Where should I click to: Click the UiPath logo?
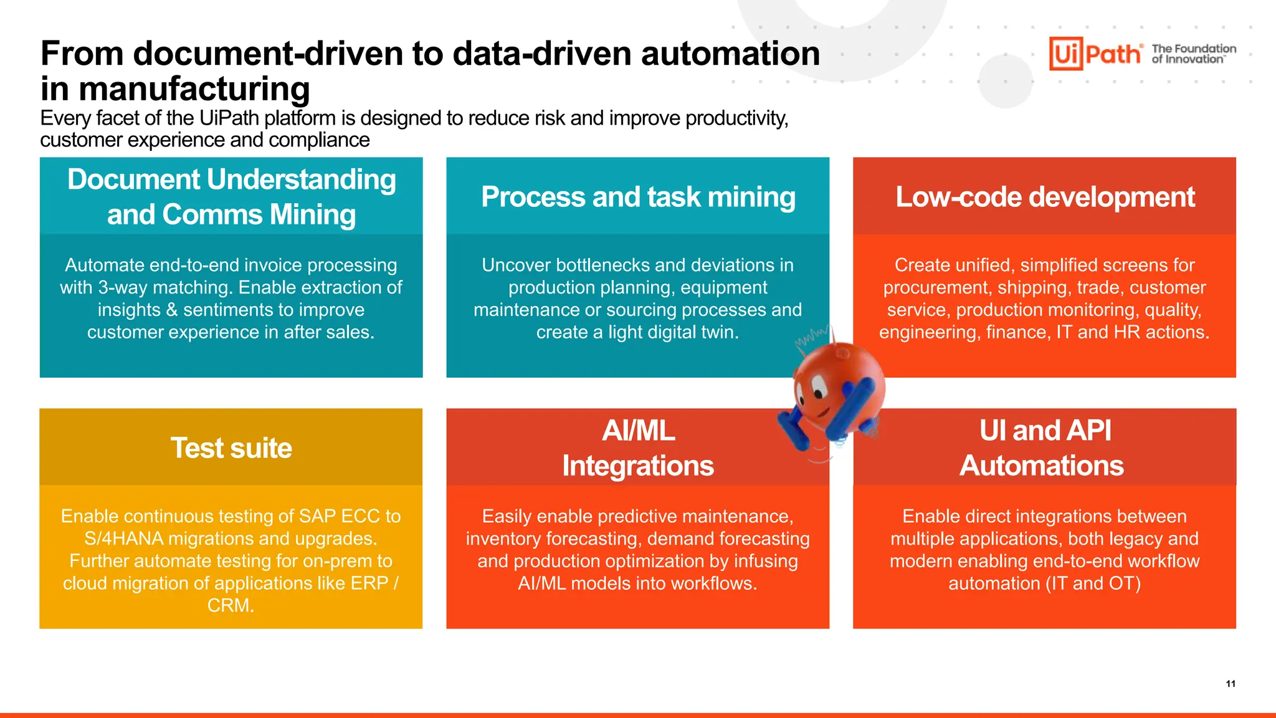point(1095,54)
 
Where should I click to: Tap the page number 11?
point(1231,684)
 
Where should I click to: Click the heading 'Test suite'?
point(231,448)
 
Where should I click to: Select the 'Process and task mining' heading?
point(638,197)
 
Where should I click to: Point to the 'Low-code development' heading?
point(1045,197)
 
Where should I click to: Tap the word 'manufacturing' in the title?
point(194,89)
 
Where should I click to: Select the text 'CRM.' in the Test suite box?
point(231,605)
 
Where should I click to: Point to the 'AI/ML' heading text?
point(638,431)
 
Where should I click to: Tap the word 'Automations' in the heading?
point(1042,466)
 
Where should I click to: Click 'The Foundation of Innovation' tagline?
point(1194,54)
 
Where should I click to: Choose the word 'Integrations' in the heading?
point(638,466)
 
